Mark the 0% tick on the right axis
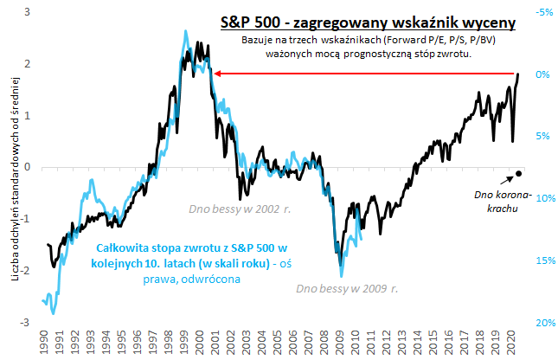pos(542,74)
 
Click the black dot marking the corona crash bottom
pos(518,174)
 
